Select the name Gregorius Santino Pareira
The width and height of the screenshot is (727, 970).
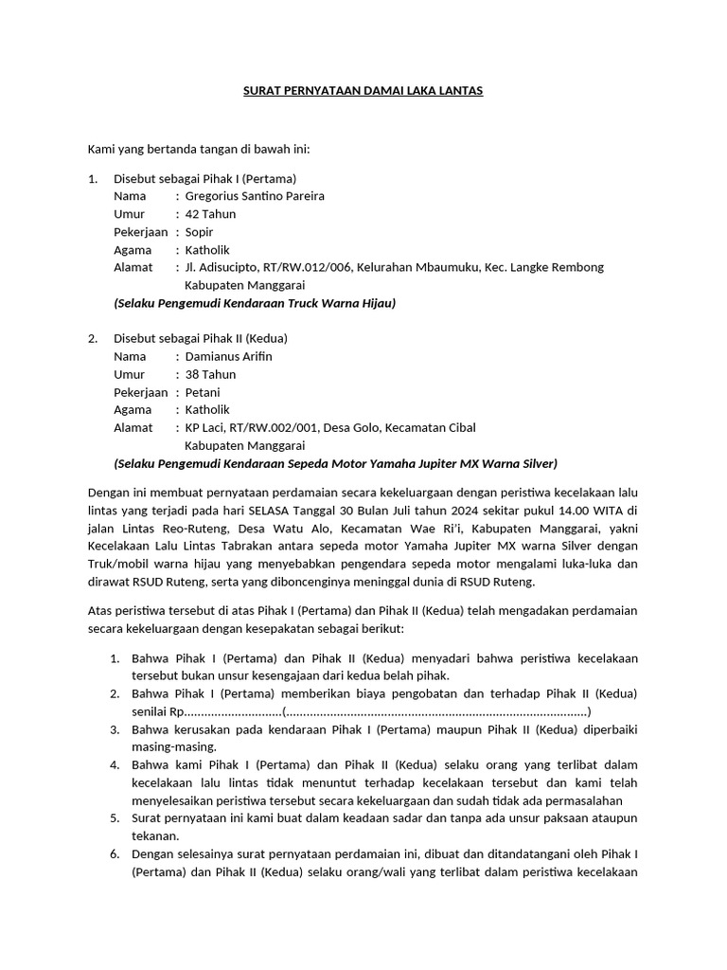pos(255,196)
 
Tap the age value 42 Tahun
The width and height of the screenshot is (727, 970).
pos(210,214)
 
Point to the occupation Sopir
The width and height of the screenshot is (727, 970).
pos(199,232)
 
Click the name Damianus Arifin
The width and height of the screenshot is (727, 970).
pos(228,356)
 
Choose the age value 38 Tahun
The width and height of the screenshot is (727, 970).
pos(210,374)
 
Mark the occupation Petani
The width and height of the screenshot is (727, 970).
pos(203,392)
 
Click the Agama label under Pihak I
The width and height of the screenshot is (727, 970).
pos(133,250)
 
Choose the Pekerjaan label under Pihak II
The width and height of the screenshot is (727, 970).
pos(141,392)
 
